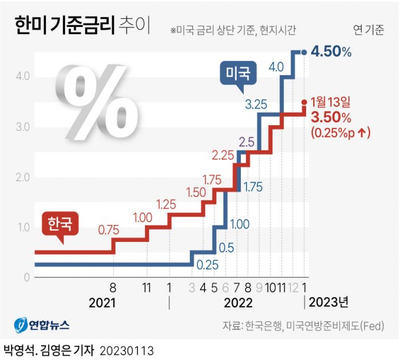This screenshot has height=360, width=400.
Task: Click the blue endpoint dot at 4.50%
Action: click(x=304, y=52)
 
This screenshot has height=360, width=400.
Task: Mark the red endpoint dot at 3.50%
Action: click(x=304, y=102)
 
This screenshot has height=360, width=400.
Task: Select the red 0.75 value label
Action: click(x=109, y=230)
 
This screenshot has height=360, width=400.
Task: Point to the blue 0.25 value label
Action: click(x=207, y=265)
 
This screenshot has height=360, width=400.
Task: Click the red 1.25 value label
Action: click(x=167, y=204)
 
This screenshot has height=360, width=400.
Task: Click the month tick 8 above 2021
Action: click(x=112, y=288)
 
